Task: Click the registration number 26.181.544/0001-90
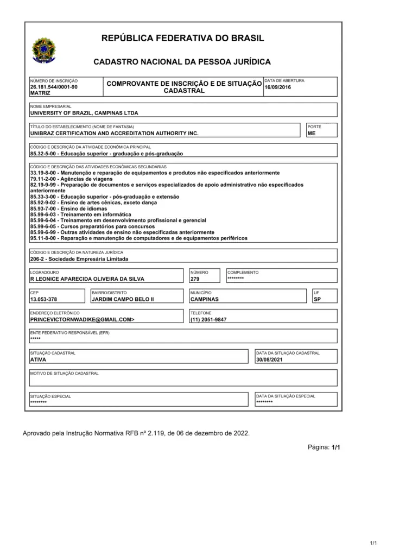point(54,87)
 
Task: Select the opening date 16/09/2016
point(277,87)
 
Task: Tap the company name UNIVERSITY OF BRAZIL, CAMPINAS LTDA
point(84,113)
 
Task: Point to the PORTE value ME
point(311,133)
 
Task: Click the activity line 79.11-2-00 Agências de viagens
point(71,179)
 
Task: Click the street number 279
point(195,279)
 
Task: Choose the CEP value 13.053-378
point(43,299)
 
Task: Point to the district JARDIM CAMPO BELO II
point(123,299)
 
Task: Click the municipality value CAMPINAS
point(205,299)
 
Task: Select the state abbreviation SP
point(318,299)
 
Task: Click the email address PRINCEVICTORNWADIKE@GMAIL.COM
point(82,320)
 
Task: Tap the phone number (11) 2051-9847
point(208,320)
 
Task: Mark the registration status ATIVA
point(38,359)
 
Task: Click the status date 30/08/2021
point(270,359)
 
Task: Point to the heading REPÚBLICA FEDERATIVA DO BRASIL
point(182,38)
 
